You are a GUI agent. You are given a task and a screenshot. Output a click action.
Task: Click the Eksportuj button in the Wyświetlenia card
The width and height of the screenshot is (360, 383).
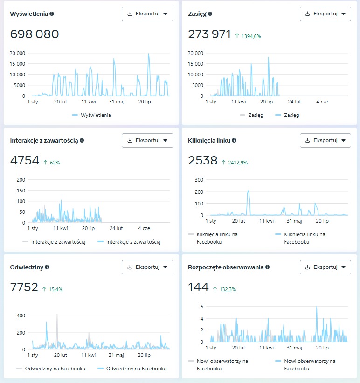pos(147,14)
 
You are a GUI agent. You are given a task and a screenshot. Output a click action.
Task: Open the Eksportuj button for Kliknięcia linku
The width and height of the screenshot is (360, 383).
pos(325,140)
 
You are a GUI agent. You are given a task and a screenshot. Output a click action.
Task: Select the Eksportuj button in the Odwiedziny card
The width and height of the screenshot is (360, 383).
pos(147,267)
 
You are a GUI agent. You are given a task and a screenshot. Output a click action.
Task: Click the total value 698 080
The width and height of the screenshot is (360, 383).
pos(35,34)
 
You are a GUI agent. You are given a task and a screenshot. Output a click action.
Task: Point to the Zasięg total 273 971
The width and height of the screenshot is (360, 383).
pos(209,34)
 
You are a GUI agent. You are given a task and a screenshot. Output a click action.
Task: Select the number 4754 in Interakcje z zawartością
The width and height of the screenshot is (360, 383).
pos(25,161)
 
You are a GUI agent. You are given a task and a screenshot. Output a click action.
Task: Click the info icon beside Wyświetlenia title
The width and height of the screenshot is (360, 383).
pos(52,14)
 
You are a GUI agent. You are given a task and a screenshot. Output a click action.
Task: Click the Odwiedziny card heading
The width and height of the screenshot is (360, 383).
pos(27,267)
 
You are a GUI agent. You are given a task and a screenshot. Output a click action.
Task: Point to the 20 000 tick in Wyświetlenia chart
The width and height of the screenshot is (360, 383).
pos(17,53)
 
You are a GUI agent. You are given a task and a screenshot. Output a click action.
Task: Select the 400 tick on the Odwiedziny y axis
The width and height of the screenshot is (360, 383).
pos(21,315)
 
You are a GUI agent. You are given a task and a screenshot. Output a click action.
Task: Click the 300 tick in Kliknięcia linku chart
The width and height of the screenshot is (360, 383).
pos(199,179)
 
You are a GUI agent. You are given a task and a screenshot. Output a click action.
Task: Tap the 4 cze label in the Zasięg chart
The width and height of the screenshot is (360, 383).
pos(322,101)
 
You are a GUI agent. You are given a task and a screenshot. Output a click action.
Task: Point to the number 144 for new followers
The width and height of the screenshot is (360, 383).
pos(198,287)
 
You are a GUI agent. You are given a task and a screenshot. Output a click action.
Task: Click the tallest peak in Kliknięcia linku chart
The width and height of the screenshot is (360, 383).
pos(248,191)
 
